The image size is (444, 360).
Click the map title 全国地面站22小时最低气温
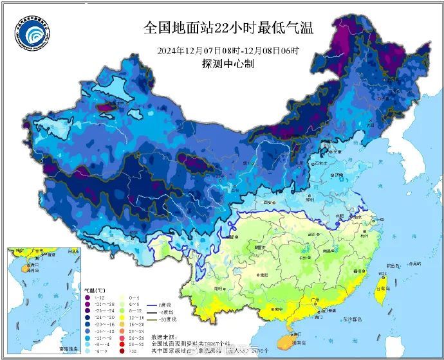pos(228,27)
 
